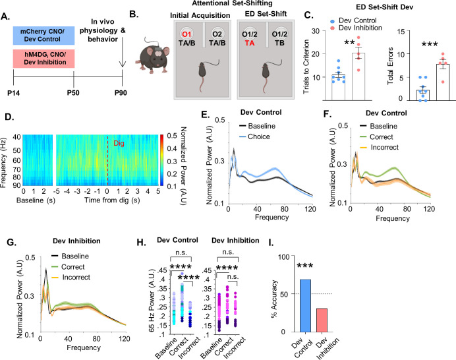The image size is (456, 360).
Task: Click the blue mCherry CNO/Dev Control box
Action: pos(43,36)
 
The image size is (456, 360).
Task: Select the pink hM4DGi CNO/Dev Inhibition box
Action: pos(43,59)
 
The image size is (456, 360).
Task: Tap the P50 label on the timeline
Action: pos(73,93)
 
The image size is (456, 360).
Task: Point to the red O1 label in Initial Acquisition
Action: pos(186,34)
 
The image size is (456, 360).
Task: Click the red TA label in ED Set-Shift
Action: pos(250,43)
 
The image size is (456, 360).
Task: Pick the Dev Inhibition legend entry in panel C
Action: pos(356,28)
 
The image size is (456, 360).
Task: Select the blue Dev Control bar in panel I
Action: pos(305,305)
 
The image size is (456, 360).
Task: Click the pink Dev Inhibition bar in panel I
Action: pos(322,320)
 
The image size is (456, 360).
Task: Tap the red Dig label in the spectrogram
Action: pos(119,143)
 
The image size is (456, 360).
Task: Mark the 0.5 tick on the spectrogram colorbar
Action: pos(172,136)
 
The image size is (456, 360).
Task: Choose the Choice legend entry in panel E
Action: pos(254,136)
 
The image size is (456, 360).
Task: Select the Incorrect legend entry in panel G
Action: pos(71,278)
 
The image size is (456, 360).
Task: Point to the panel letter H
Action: pos(141,242)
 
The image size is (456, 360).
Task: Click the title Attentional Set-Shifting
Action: pos(233,3)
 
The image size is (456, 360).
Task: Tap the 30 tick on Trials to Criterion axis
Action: pos(316,31)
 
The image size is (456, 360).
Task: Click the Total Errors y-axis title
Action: pos(390,66)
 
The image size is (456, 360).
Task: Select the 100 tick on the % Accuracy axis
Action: pos(284,256)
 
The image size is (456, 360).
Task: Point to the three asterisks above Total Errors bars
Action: pos(430,44)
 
